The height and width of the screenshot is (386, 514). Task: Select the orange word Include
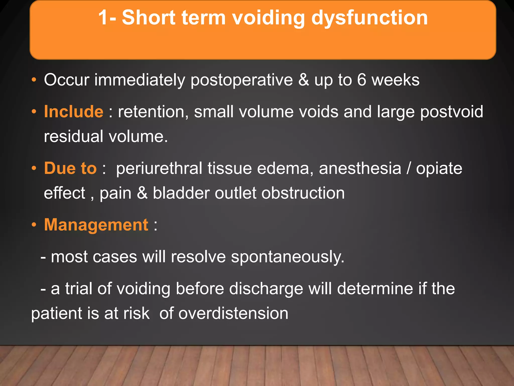coord(74,112)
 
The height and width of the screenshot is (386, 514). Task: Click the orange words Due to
coord(70,168)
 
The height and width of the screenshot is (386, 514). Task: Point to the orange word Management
coord(96,225)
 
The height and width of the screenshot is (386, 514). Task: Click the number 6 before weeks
coord(362,80)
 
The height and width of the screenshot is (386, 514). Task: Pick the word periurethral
coord(159,168)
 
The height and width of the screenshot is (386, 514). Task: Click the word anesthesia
coord(360,168)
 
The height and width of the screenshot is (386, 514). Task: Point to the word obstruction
coord(303,193)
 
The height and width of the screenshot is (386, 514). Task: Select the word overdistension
coord(233,313)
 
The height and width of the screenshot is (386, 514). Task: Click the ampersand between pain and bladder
coord(142,193)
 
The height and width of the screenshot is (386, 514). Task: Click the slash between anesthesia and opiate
coord(409,168)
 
